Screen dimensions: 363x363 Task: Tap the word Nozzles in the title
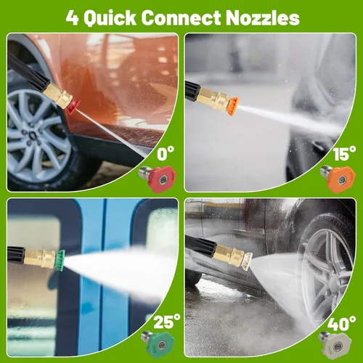click(263, 18)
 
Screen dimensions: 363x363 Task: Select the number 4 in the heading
click(73, 18)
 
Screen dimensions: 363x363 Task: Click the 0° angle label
click(166, 153)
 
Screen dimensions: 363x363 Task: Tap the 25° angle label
click(167, 322)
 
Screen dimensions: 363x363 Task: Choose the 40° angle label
click(341, 323)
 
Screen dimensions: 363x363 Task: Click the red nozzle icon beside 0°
click(158, 179)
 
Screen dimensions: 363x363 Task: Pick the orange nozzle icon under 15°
click(338, 179)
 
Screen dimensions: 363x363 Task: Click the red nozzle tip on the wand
click(73, 107)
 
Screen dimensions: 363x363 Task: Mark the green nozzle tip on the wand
click(61, 261)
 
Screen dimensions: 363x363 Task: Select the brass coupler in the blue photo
click(41, 258)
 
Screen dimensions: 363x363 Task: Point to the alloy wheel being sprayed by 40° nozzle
click(327, 266)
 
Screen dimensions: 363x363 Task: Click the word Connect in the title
click(181, 18)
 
